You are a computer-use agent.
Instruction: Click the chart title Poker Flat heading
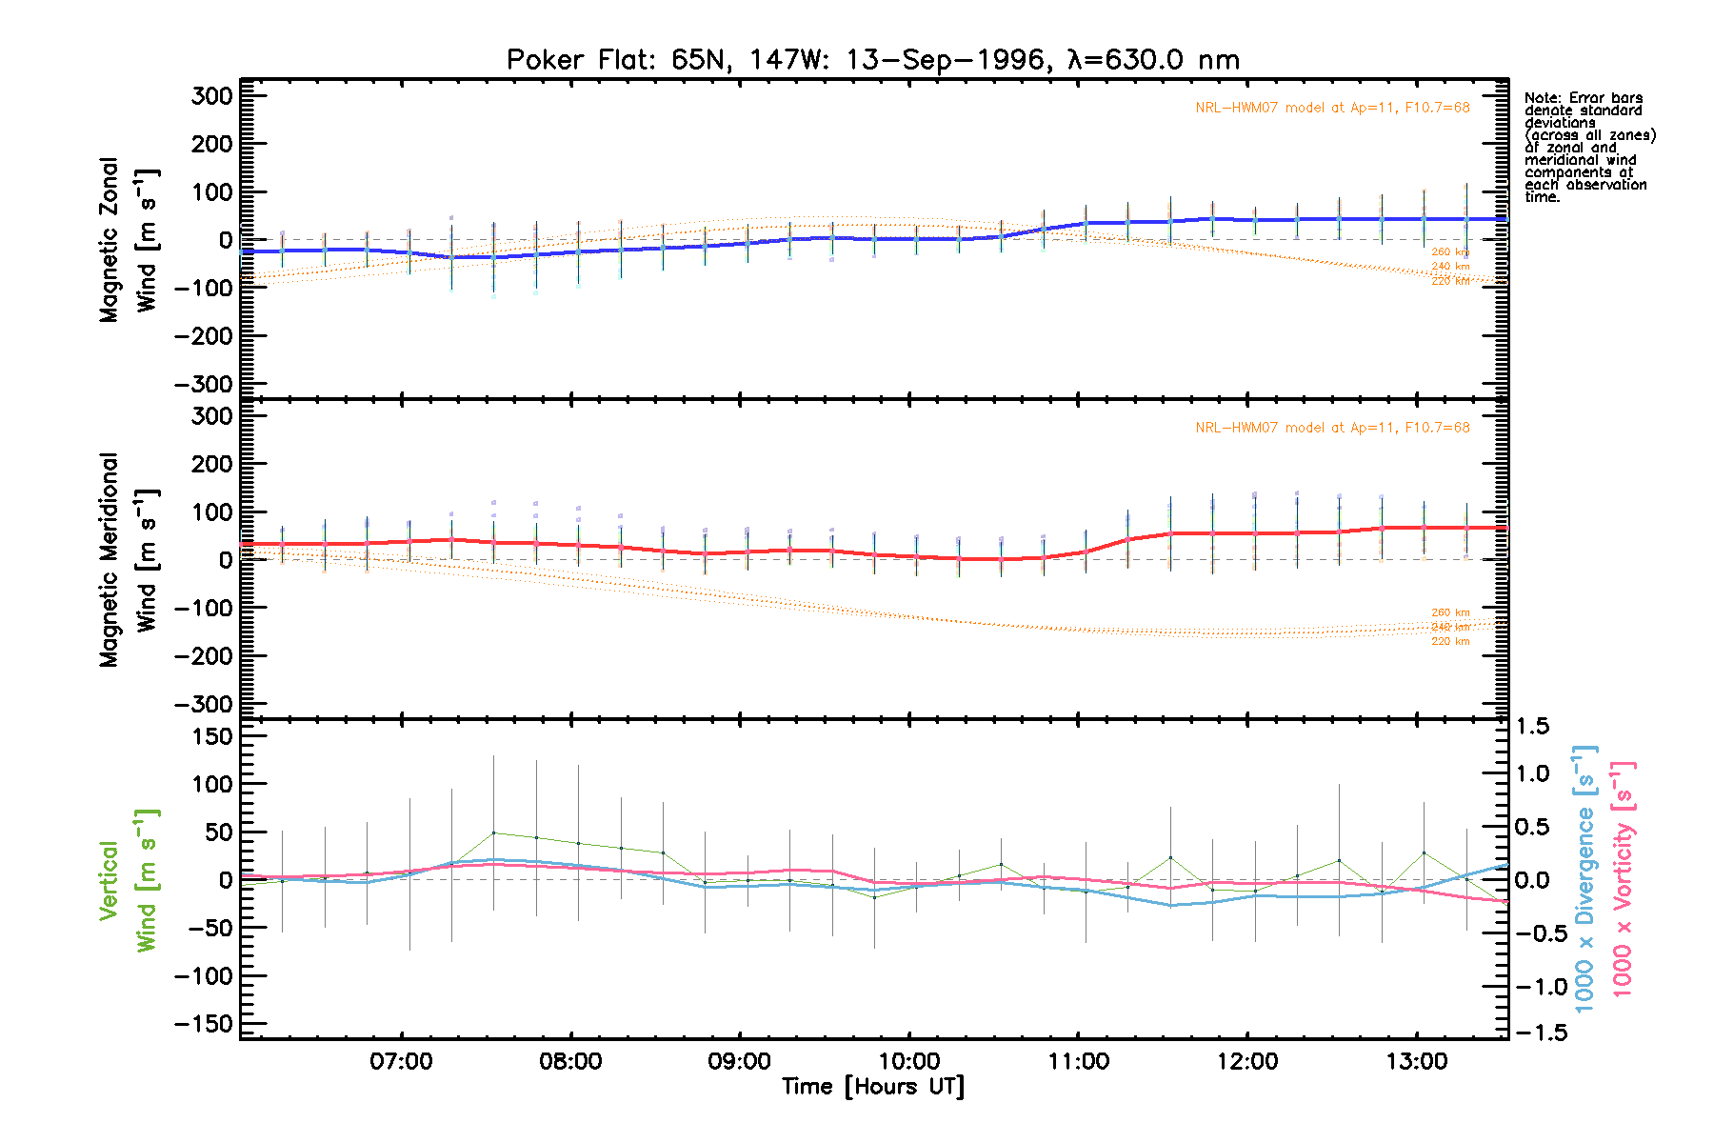pos(872,60)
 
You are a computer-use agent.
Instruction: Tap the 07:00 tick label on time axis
pos(401,1061)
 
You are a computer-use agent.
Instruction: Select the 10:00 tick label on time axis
pos(908,1061)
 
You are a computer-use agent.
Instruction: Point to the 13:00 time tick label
pos(1417,1061)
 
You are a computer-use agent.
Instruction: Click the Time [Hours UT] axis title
pos(872,1087)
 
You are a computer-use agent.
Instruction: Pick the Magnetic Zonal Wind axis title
pos(130,240)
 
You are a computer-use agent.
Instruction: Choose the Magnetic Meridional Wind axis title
pos(130,560)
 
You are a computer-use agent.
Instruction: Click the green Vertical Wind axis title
pos(128,880)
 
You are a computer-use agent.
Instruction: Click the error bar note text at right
pos(1588,148)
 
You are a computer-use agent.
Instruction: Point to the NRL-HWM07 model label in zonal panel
pos(1332,108)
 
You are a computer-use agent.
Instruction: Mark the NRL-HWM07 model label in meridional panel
pos(1332,428)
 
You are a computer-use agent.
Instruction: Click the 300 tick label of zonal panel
pos(211,96)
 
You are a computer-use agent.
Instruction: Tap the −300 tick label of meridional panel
pos(204,705)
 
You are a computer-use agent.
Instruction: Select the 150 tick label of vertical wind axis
pos(211,736)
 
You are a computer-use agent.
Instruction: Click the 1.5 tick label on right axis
pos(1532,727)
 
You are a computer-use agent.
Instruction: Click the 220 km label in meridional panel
pos(1449,642)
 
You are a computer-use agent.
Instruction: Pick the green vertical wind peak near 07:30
pos(493,832)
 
